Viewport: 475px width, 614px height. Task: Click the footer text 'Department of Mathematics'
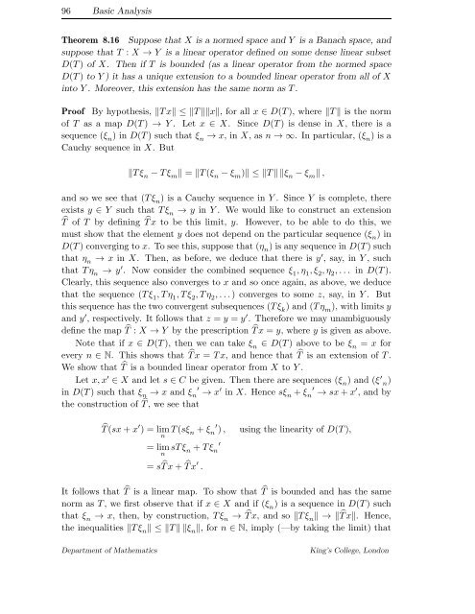point(78,602)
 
